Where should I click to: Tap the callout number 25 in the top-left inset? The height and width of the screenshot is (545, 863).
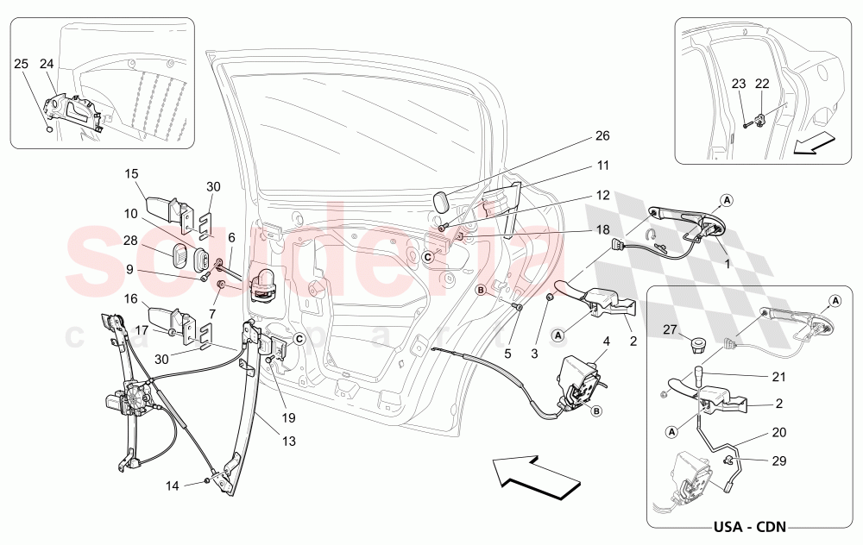click(x=22, y=64)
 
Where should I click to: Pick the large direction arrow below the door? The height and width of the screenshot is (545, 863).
click(x=528, y=476)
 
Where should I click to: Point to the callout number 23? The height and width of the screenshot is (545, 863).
click(x=738, y=84)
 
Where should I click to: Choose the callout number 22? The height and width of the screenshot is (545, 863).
click(x=761, y=84)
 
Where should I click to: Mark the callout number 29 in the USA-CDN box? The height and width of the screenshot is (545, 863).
click(x=779, y=461)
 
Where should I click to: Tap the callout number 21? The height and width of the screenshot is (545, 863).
click(x=779, y=378)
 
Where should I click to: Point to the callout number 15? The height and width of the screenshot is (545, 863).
click(x=131, y=173)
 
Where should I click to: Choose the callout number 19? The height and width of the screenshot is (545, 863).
click(x=287, y=417)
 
